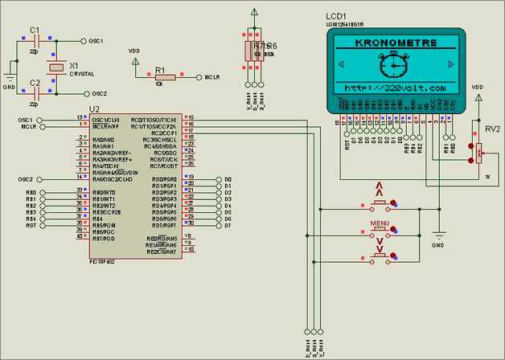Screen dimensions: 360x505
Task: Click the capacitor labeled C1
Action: (x=35, y=39)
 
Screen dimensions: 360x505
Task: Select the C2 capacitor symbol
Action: (x=35, y=93)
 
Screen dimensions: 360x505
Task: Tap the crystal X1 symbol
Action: (x=55, y=67)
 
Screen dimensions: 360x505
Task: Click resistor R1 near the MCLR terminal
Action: (x=159, y=76)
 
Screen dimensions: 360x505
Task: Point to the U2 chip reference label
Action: (x=94, y=108)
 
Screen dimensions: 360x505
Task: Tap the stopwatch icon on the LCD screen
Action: (x=394, y=64)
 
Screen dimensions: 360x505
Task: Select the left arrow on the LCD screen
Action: (x=341, y=64)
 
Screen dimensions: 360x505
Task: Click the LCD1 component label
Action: (x=336, y=16)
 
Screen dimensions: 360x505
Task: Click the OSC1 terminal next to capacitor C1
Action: (x=96, y=40)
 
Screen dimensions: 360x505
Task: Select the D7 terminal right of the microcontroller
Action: (x=228, y=226)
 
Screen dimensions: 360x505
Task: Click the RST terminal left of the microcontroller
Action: (x=31, y=226)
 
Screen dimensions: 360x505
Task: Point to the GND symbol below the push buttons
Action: (x=438, y=240)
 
